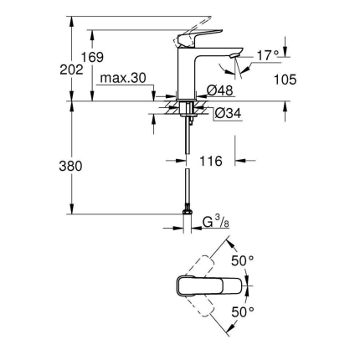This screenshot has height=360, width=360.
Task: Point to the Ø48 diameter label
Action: (220, 90)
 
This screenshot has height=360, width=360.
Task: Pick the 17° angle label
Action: (267, 55)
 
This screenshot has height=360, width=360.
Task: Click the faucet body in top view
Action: (209, 285)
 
